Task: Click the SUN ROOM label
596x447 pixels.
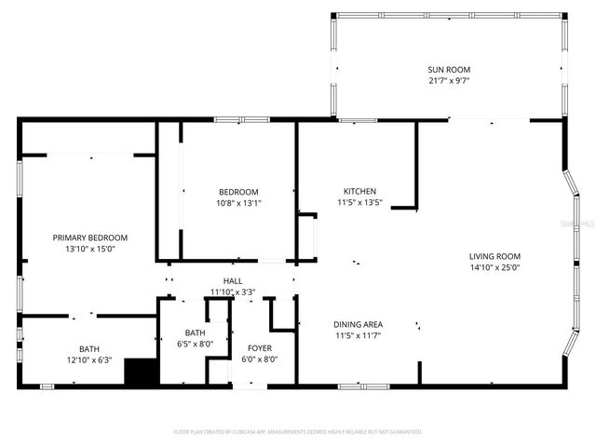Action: click(448, 70)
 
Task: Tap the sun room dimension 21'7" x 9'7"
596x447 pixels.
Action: click(448, 80)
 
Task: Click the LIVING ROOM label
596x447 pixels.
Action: click(494, 256)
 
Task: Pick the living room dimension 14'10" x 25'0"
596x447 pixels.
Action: click(494, 267)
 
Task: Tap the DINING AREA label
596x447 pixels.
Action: click(358, 324)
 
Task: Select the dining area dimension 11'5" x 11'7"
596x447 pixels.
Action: click(358, 335)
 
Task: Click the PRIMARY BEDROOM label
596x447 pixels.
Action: click(89, 237)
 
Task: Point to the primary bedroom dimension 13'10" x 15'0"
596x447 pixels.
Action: click(89, 249)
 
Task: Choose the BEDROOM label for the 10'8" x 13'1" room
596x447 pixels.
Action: click(238, 192)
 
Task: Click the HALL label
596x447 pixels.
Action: click(232, 281)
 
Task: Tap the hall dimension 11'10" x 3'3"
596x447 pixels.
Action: click(232, 291)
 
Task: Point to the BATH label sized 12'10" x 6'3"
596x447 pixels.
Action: click(89, 348)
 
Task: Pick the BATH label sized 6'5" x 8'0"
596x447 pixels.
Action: click(196, 332)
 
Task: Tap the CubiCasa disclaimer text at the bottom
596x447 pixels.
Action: click(298, 432)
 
